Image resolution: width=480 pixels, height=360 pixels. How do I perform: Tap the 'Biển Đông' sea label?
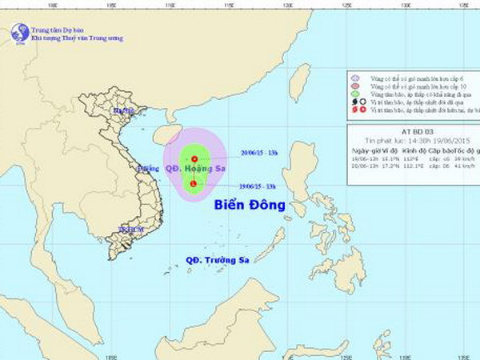click(250, 206)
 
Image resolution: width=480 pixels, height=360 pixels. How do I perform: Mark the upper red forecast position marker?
click(194, 158)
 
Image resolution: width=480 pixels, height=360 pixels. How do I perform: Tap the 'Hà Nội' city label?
click(124, 110)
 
